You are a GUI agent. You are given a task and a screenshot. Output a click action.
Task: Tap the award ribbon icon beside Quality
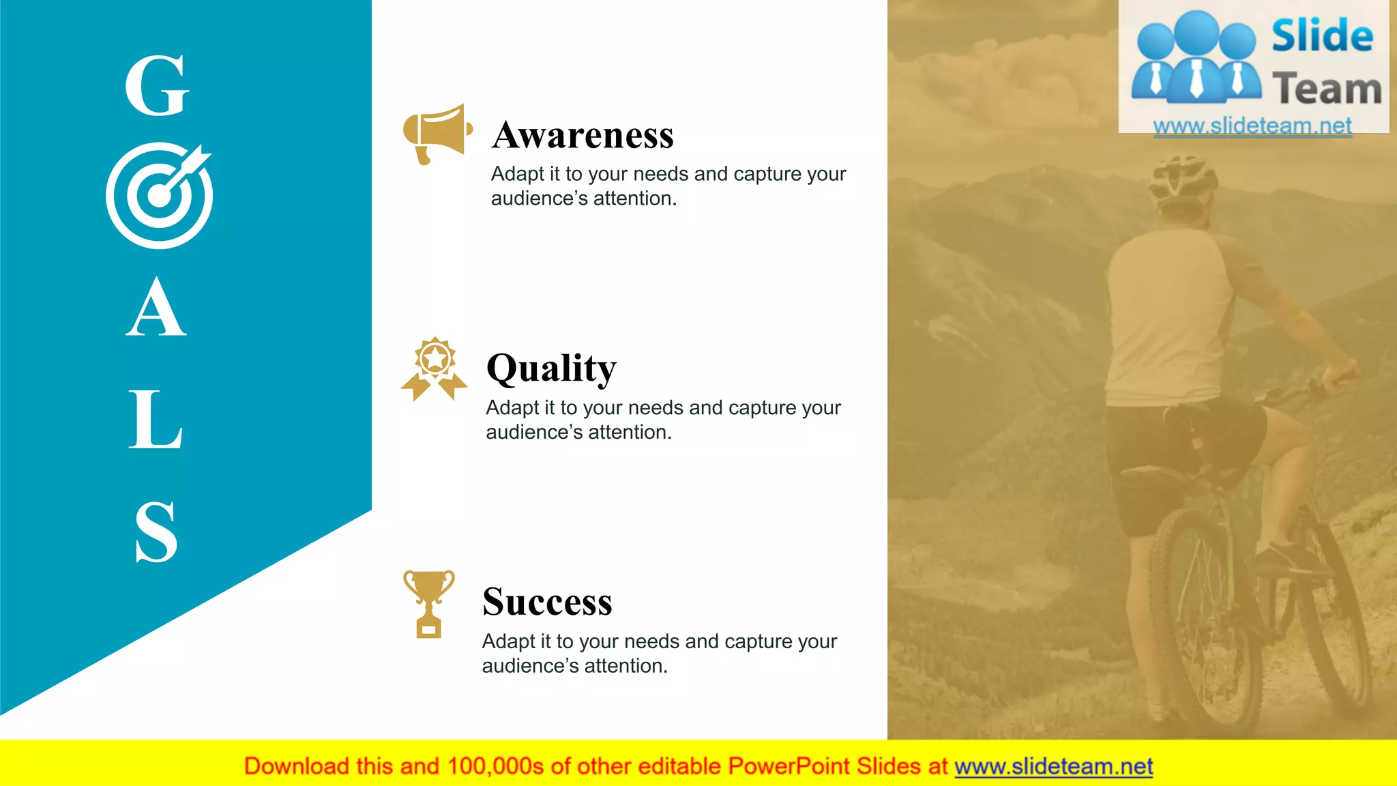pos(434,368)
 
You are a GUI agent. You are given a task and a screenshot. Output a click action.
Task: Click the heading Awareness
pos(583,135)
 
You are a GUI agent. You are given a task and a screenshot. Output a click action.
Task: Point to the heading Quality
pos(551,368)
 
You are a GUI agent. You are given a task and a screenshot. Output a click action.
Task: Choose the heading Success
pos(547,602)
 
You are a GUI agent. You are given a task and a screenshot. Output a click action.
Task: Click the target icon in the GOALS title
pos(160,195)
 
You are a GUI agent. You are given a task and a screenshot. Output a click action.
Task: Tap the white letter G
pos(157,86)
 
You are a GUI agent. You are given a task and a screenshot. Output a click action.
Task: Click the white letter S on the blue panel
pos(156,532)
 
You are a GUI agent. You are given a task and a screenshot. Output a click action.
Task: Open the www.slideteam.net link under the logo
pos(1252,126)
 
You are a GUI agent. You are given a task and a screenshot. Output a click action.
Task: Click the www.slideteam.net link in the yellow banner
pos(1053,766)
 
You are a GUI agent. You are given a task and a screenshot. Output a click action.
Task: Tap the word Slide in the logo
pos(1322,35)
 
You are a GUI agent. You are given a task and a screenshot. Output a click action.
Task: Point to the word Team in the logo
pos(1327,89)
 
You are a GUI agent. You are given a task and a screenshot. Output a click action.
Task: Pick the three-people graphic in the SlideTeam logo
pos(1196,57)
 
